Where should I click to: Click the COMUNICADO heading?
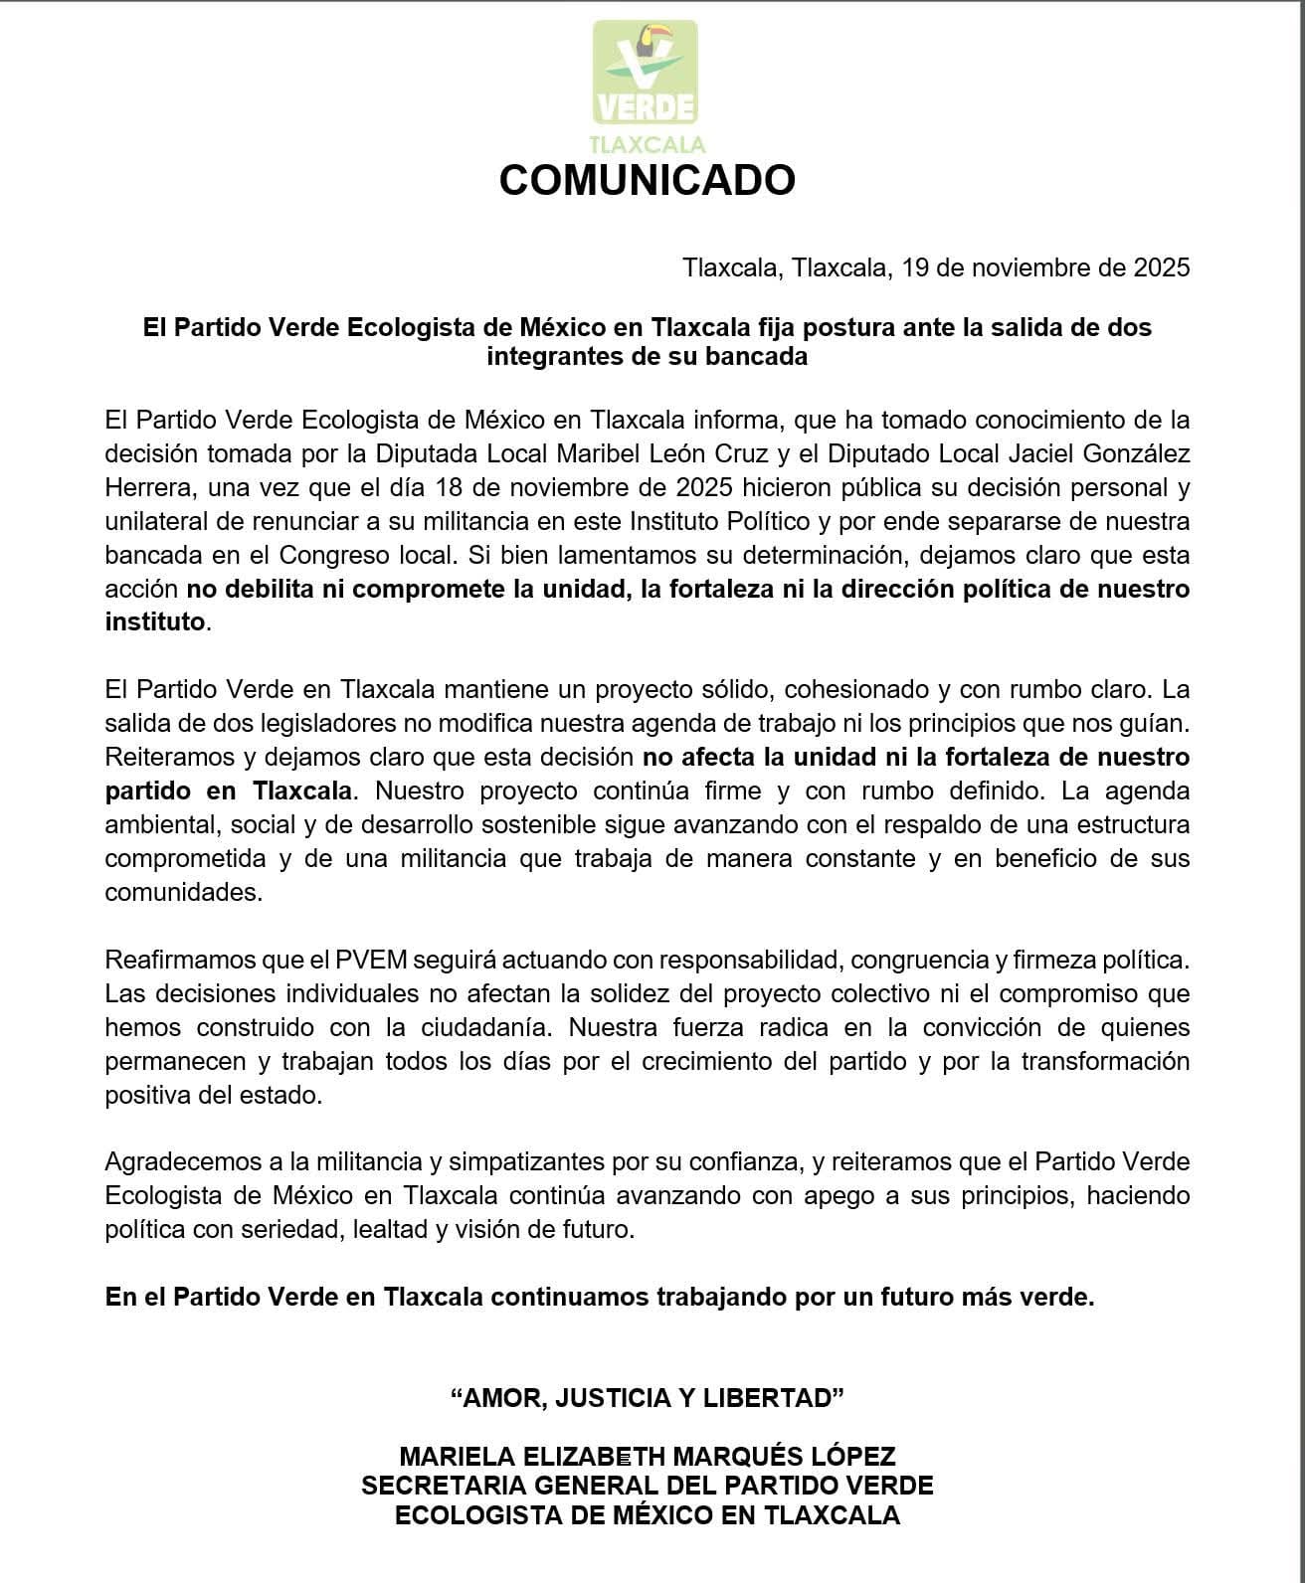(647, 180)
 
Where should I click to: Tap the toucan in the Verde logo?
(652, 44)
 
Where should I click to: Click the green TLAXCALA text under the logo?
(647, 144)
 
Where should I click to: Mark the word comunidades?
(183, 892)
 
